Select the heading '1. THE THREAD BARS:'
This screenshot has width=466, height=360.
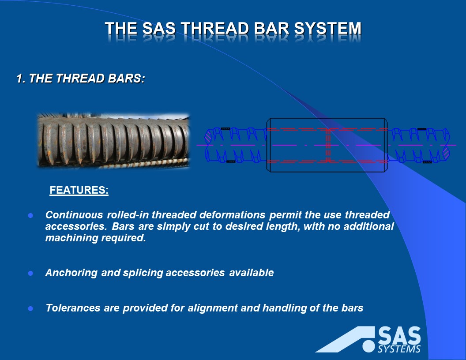click(80, 79)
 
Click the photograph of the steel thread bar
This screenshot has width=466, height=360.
click(113, 141)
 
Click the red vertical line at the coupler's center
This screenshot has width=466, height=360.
click(328, 145)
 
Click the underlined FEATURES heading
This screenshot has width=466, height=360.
click(79, 191)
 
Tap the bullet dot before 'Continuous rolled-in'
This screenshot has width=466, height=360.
click(31, 216)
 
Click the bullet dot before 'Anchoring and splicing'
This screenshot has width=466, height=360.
click(31, 273)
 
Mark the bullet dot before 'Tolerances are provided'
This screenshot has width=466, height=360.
click(31, 309)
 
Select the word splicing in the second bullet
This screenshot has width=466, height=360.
click(143, 273)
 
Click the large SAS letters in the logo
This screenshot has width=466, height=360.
click(399, 336)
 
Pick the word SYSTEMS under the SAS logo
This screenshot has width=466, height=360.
click(399, 349)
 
